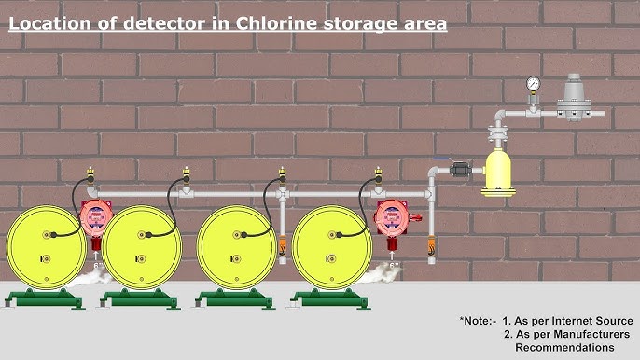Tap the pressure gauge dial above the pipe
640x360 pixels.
[533, 83]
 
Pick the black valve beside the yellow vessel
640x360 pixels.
[460, 170]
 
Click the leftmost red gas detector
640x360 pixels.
[94, 216]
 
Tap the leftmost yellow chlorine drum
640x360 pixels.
[46, 245]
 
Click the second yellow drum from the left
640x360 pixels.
[141, 245]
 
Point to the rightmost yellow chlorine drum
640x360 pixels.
[331, 245]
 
